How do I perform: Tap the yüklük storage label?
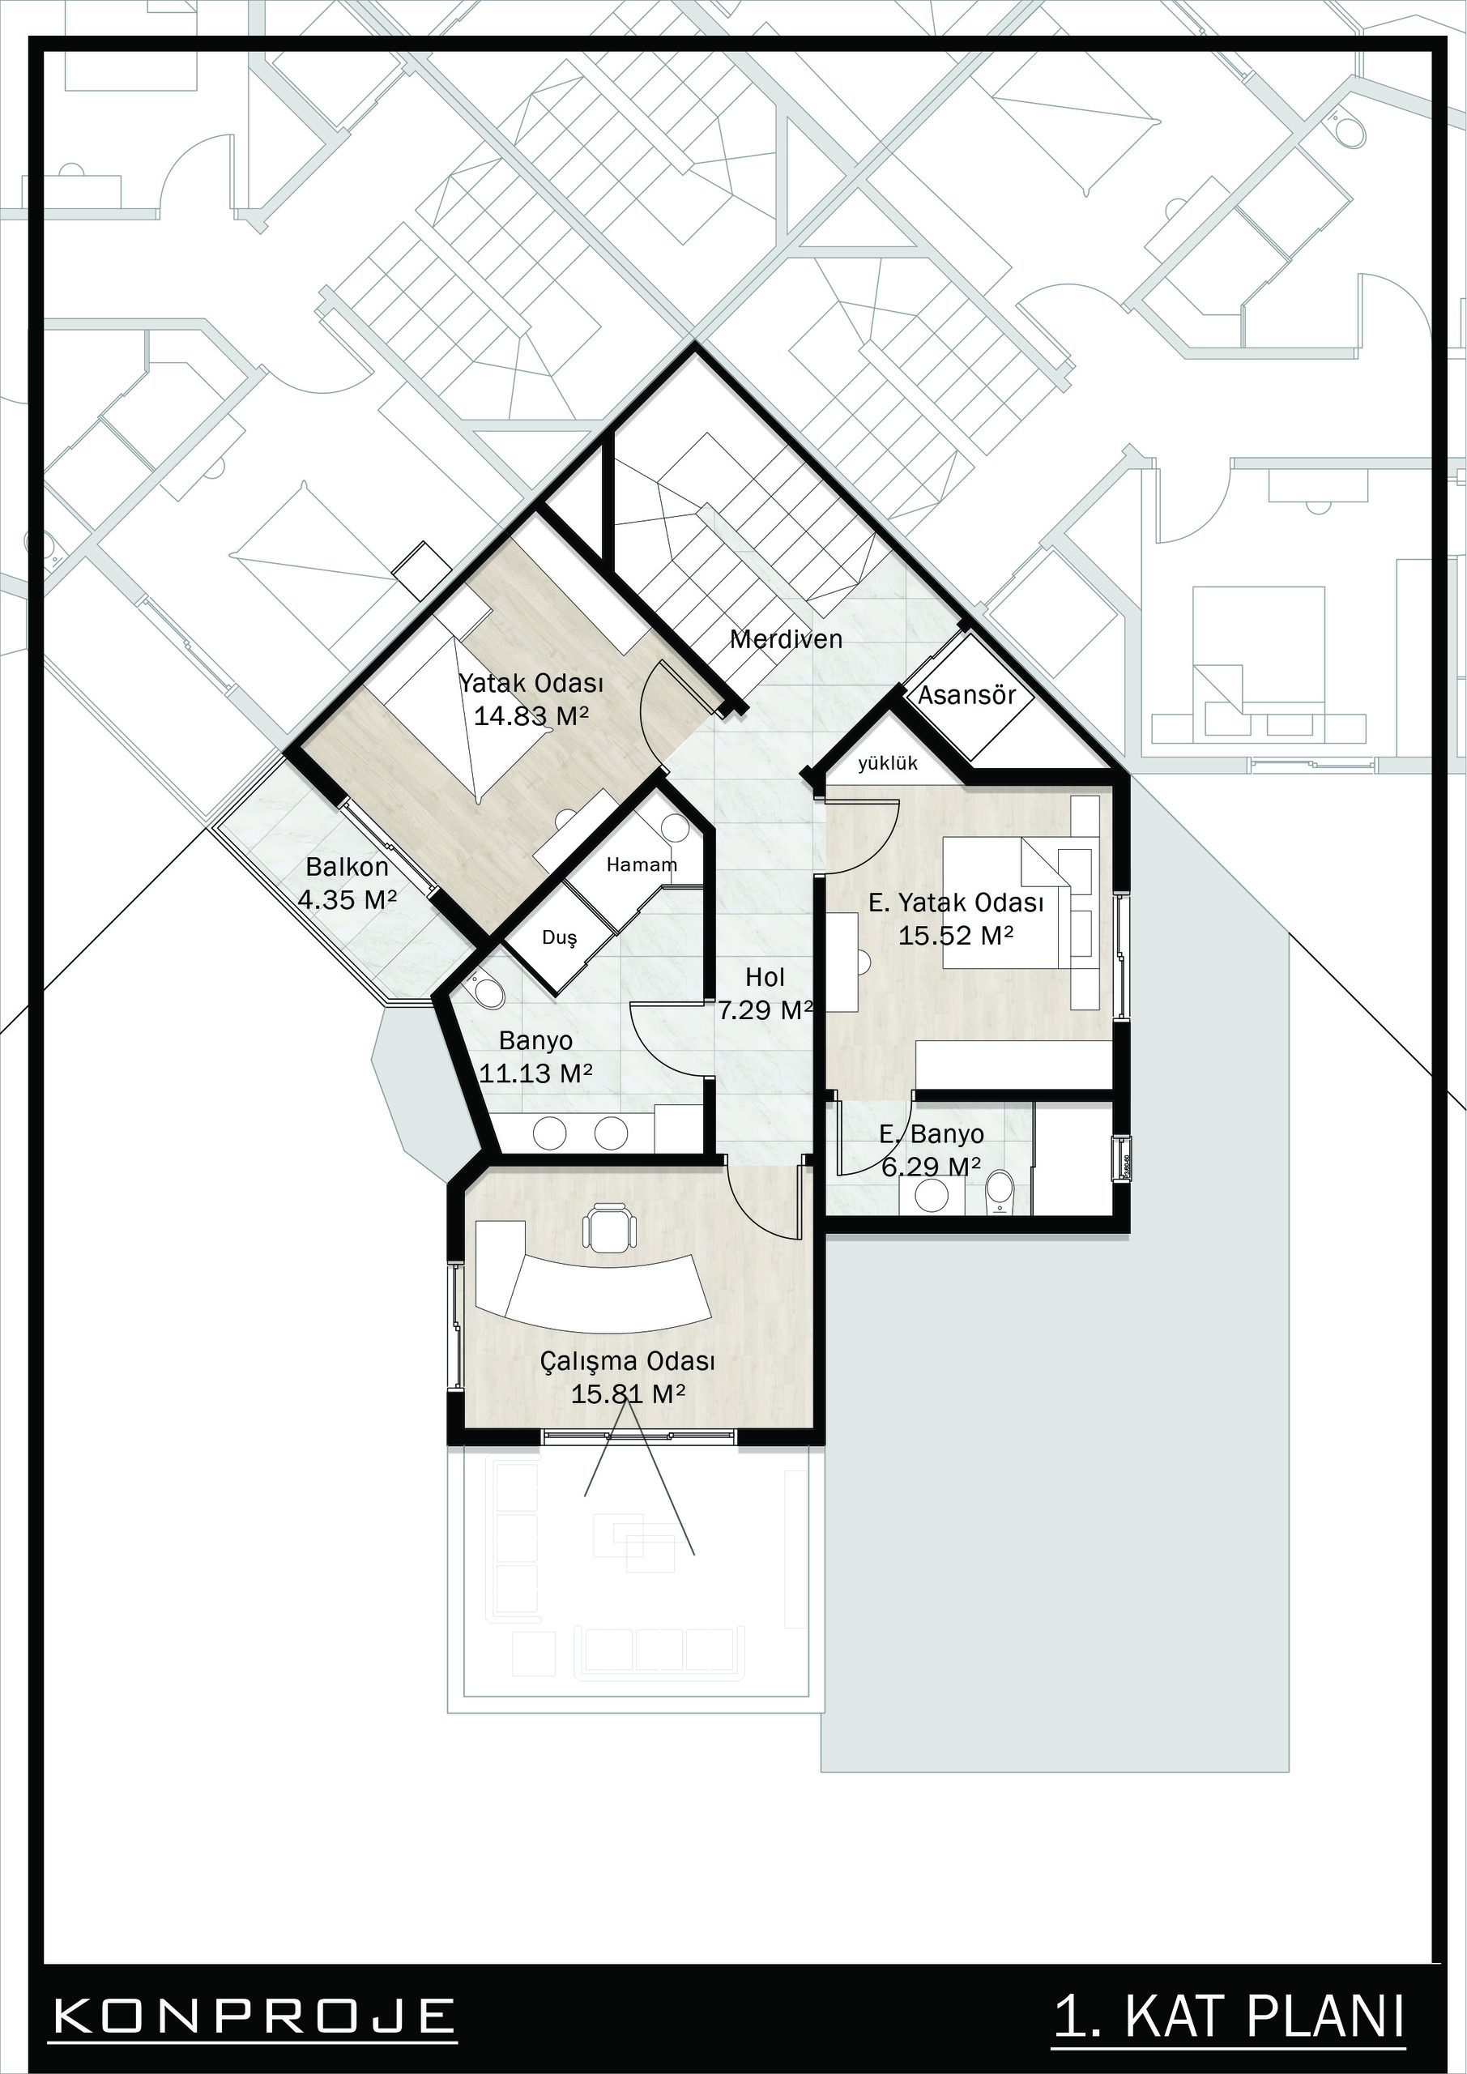click(888, 763)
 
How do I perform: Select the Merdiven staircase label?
click(786, 639)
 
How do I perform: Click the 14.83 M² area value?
click(531, 716)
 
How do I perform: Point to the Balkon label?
click(347, 867)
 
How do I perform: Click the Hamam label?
click(642, 864)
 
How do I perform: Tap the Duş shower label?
click(559, 937)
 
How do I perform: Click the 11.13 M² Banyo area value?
click(535, 1073)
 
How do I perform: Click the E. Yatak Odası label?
click(956, 903)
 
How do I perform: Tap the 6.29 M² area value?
click(932, 1167)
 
